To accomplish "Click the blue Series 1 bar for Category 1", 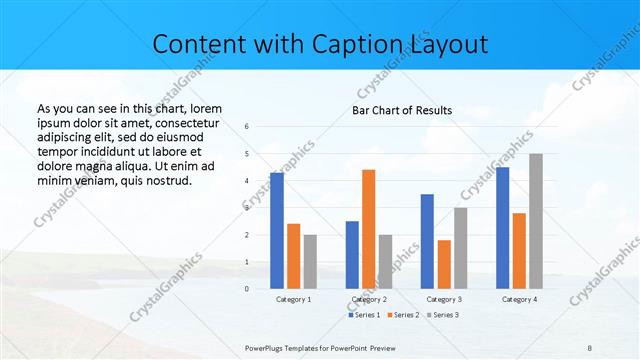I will tap(277, 231).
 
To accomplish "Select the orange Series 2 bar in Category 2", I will tap(368, 229).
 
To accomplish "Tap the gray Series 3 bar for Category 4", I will tap(536, 221).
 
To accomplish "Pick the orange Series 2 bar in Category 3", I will tap(444, 264).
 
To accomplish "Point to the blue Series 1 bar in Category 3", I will tap(427, 241).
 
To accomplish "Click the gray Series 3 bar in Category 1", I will tap(310, 262).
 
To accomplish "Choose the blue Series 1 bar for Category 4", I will tap(502, 228).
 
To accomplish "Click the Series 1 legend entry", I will tap(364, 315).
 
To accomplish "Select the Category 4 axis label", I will tap(519, 299).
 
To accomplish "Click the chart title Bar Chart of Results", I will tap(401, 110).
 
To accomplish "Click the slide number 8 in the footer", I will tap(590, 347).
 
